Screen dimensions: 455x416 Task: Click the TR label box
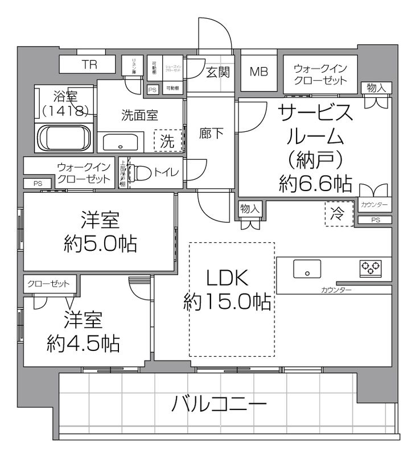(x=89, y=65)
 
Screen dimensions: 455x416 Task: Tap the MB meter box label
(x=260, y=72)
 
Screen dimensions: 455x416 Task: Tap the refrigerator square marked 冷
(x=338, y=214)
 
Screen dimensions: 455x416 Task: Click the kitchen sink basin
(x=307, y=269)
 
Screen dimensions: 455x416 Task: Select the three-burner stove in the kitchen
(x=370, y=267)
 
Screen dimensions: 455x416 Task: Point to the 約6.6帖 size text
(x=315, y=183)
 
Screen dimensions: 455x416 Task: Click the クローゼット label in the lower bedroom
(x=48, y=283)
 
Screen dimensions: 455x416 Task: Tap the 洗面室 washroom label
(x=139, y=114)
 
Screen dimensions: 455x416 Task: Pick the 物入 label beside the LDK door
(x=250, y=208)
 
